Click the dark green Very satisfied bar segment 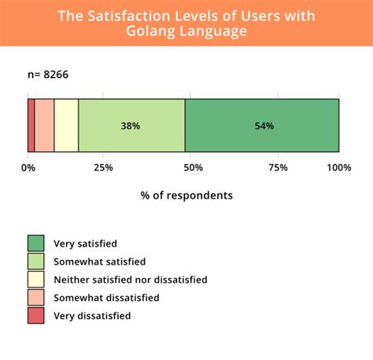[262, 125]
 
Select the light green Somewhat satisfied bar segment [131, 125]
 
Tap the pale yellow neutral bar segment [66, 125]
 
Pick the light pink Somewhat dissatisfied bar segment [44, 125]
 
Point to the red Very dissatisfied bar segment [31, 125]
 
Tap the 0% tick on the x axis [28, 167]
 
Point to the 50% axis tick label [184, 167]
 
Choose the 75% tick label [262, 167]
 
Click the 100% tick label [338, 167]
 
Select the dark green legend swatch [36, 243]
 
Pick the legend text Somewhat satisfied [99, 262]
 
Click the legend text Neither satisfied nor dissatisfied [130, 280]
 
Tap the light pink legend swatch [36, 298]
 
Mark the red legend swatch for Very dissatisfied [36, 316]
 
